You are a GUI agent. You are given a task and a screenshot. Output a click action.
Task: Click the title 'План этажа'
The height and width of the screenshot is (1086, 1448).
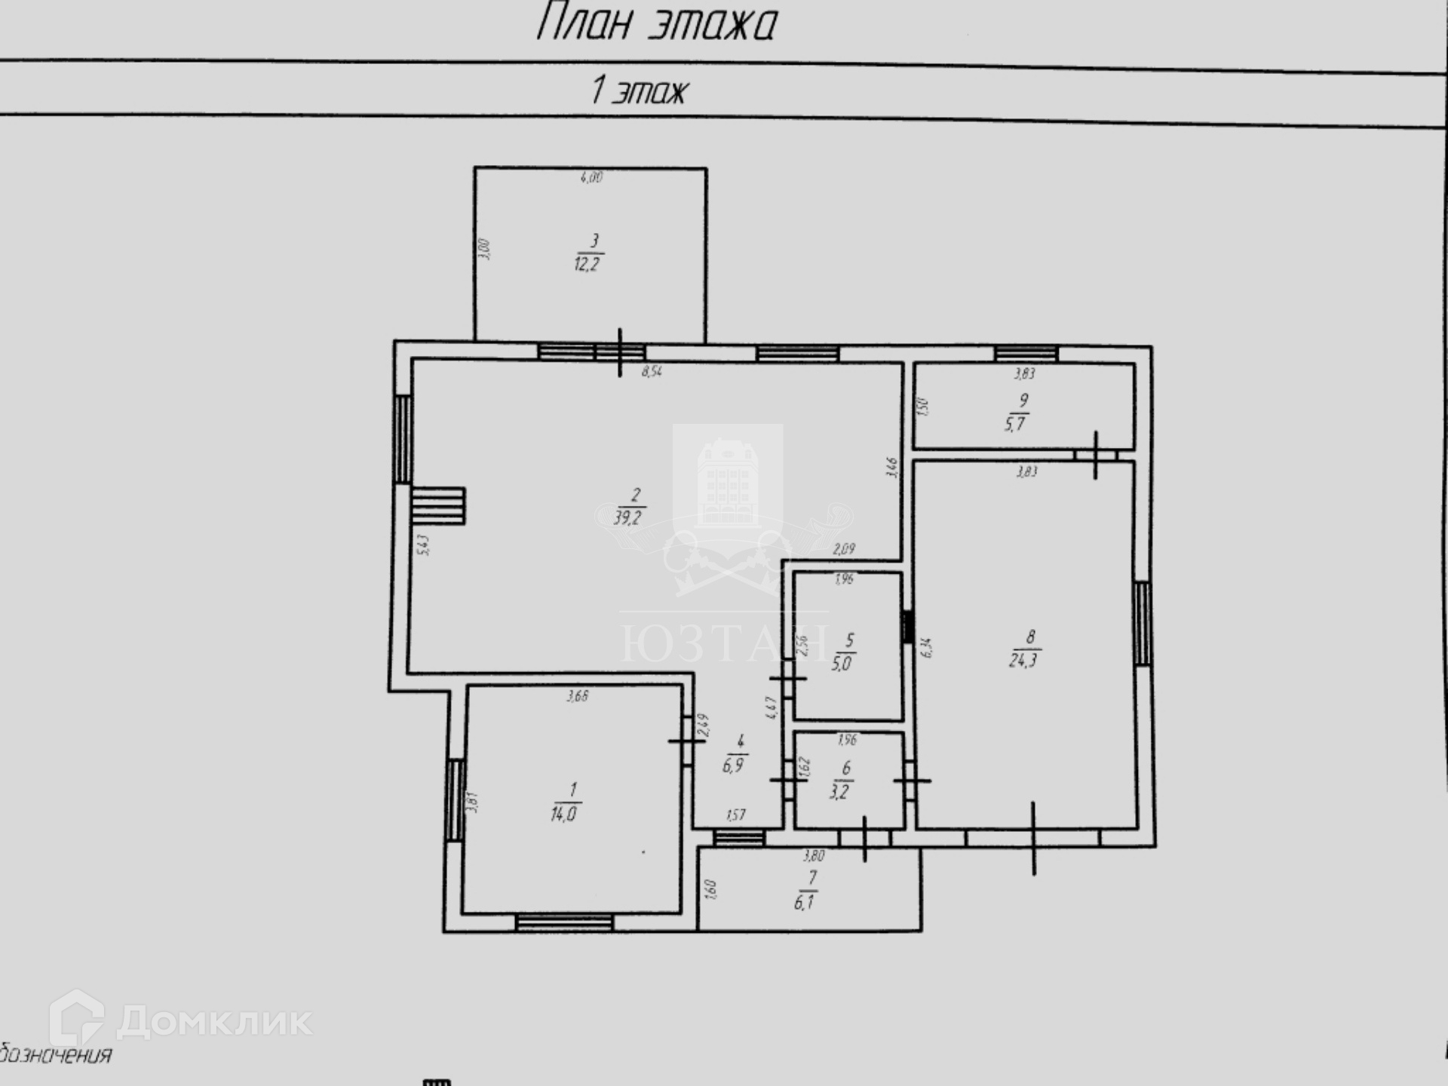click(655, 23)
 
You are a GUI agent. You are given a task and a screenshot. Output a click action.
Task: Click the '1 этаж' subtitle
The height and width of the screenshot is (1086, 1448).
click(639, 90)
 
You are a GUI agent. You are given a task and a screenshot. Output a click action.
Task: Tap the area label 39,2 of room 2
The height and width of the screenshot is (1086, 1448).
click(628, 517)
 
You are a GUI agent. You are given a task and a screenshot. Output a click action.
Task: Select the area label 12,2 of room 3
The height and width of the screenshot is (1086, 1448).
click(588, 264)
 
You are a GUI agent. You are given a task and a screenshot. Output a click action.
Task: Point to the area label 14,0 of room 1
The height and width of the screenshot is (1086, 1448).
click(564, 814)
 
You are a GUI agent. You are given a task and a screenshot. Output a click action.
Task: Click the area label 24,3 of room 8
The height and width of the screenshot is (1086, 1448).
click(1023, 661)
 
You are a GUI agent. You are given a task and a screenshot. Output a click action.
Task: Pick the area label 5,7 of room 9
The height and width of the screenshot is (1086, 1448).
click(1015, 424)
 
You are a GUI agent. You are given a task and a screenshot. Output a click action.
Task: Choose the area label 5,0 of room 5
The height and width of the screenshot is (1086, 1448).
click(842, 664)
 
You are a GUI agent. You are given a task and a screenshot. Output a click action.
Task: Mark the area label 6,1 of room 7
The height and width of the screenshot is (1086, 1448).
click(804, 902)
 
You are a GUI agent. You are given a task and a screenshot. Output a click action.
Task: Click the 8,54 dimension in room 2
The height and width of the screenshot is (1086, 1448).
click(652, 372)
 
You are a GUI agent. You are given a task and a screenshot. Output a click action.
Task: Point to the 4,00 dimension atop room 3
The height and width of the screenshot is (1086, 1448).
click(591, 178)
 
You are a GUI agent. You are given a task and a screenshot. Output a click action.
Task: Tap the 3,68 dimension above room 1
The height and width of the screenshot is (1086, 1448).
click(578, 697)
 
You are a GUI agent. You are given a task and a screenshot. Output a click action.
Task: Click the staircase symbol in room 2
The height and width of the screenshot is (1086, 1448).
click(438, 505)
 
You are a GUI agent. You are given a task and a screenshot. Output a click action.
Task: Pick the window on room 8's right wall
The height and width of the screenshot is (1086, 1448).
click(1143, 624)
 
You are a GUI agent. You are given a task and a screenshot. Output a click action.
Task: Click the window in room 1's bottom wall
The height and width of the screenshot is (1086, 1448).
click(564, 922)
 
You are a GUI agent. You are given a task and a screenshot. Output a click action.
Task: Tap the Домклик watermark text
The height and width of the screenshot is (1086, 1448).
click(214, 1022)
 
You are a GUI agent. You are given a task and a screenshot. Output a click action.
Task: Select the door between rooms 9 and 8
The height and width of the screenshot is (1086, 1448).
click(1095, 455)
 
